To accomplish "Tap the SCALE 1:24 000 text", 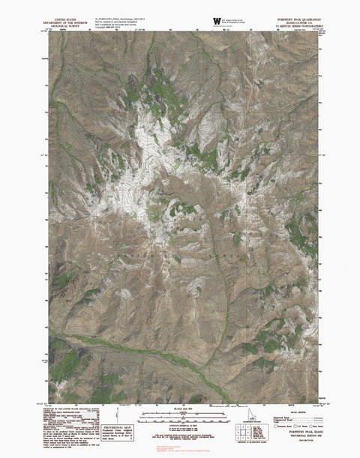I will coord(180,409).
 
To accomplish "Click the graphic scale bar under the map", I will coord(180,413).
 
